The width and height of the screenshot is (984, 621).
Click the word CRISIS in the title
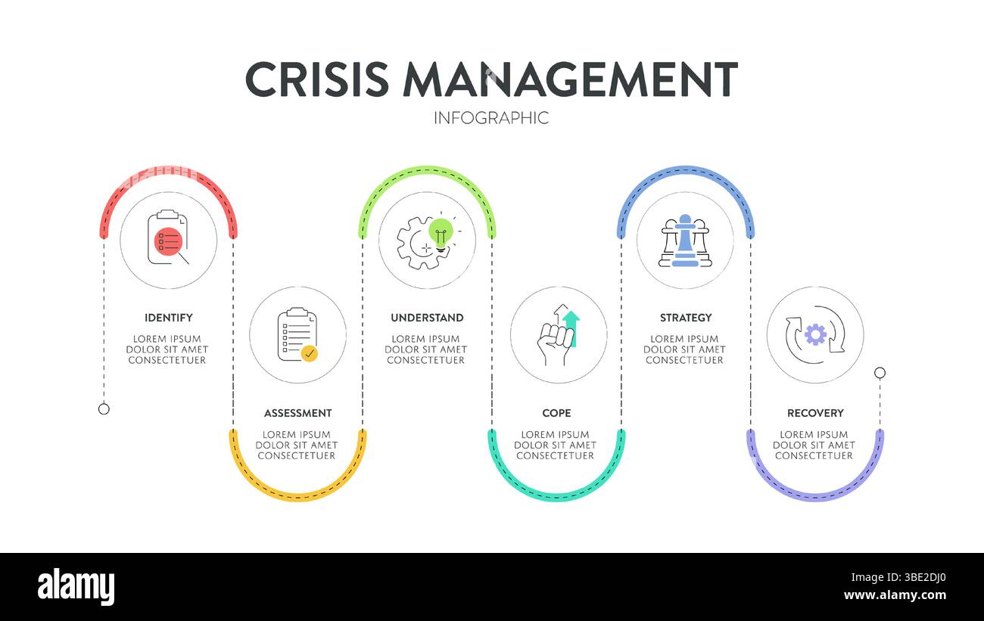(x=316, y=79)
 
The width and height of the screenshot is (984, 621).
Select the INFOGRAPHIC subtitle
(x=491, y=118)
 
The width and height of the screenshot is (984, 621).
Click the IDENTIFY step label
(x=168, y=318)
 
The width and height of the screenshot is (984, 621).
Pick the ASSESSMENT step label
(x=297, y=413)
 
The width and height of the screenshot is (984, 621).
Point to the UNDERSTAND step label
(x=427, y=318)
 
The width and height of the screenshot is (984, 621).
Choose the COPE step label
(x=556, y=413)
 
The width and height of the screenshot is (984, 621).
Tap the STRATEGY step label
(x=686, y=318)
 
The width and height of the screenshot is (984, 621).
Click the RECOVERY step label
(x=815, y=413)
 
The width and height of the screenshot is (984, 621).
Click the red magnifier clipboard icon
(x=168, y=240)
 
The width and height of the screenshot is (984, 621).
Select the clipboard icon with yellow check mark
(x=297, y=335)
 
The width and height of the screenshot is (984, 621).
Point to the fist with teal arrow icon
(x=558, y=335)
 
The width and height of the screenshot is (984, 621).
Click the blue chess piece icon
(x=685, y=240)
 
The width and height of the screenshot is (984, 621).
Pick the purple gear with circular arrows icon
(x=815, y=335)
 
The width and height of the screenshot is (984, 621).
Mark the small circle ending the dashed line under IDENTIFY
(x=104, y=408)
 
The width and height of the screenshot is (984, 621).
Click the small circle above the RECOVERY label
(x=880, y=372)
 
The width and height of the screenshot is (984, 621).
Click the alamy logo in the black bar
(x=76, y=587)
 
